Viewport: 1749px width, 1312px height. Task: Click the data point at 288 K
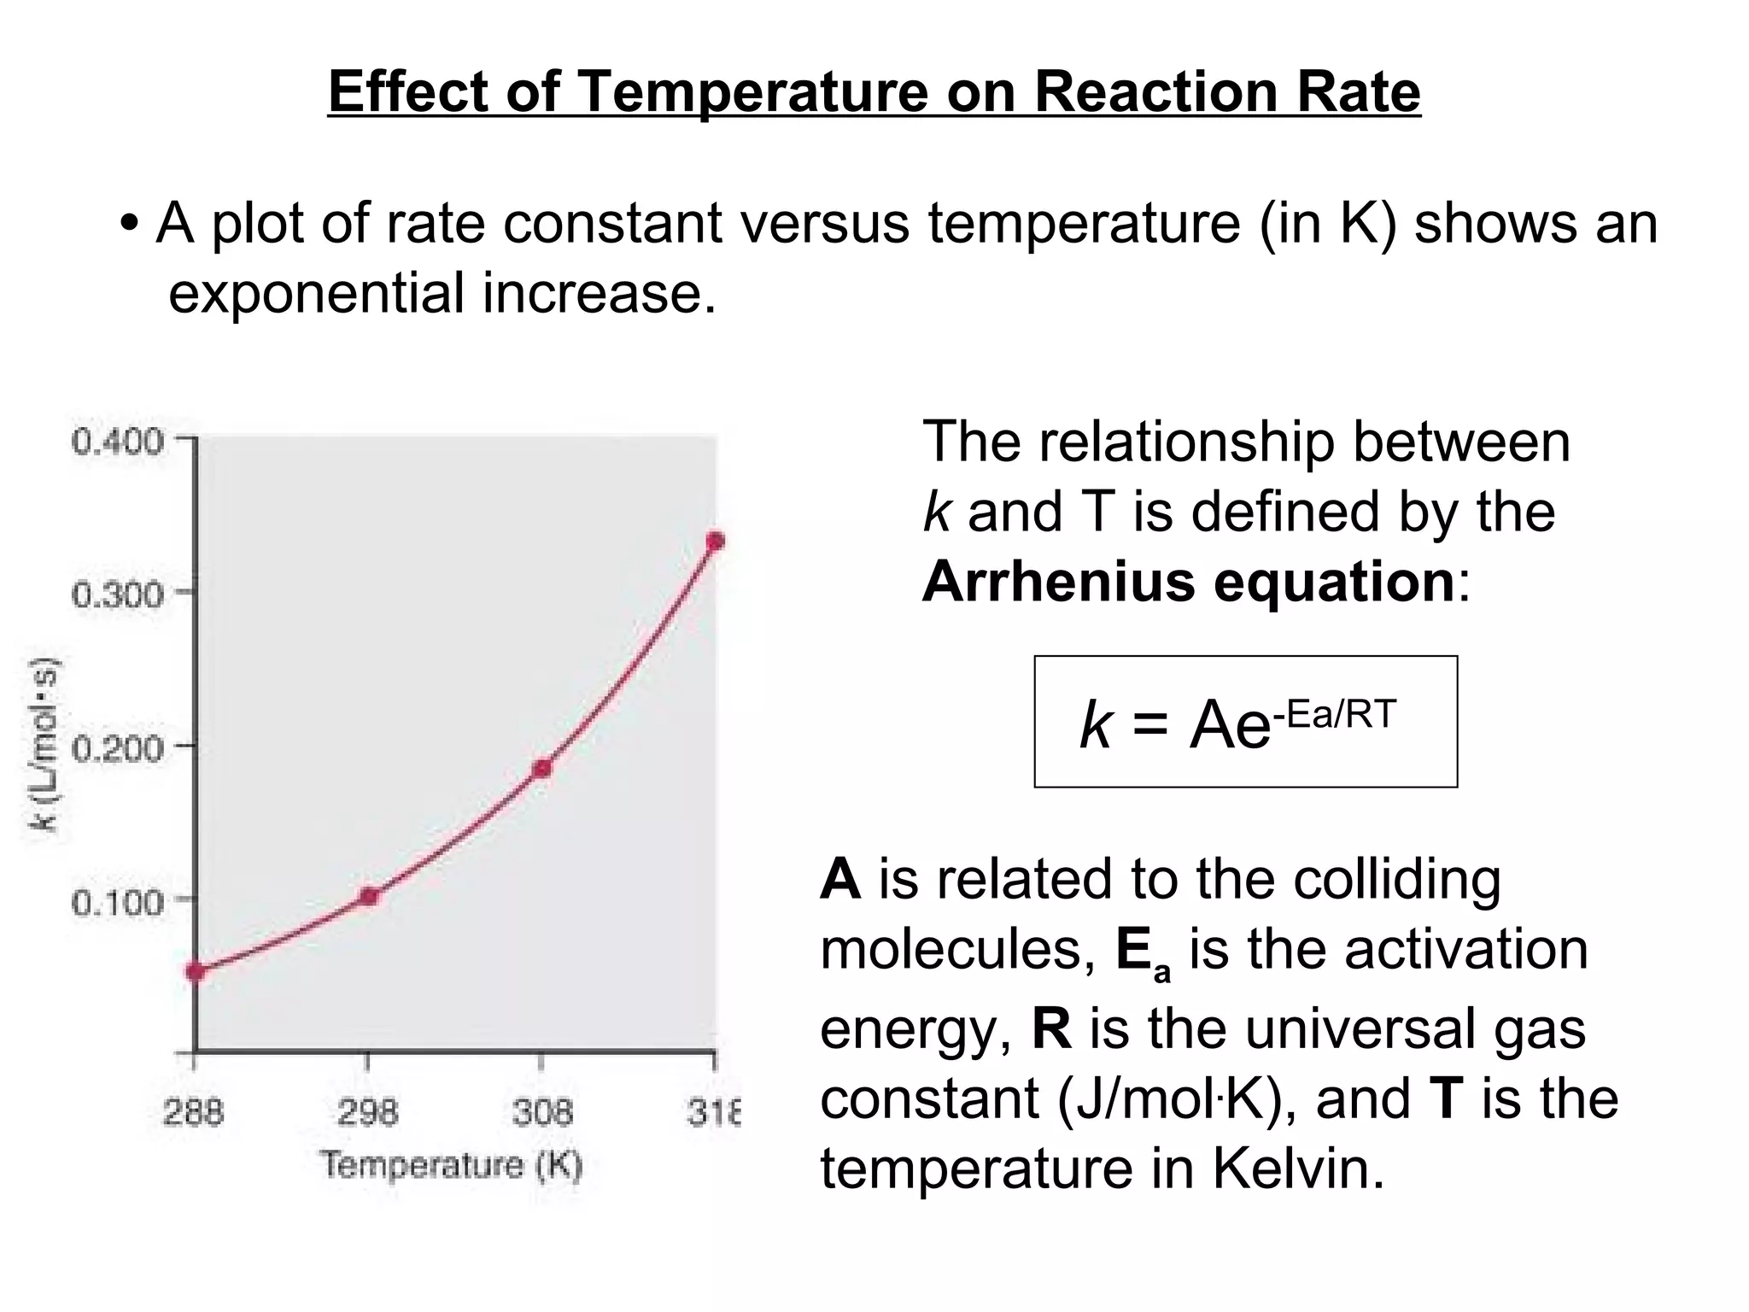(x=196, y=971)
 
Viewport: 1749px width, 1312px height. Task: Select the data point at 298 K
(x=369, y=896)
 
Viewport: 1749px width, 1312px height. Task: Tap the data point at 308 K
(x=541, y=769)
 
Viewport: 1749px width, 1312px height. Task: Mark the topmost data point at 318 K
(x=716, y=542)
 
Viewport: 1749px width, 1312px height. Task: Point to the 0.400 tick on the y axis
(x=117, y=442)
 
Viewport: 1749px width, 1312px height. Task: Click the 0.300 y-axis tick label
(x=117, y=594)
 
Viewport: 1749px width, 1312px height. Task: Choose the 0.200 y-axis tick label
(x=117, y=749)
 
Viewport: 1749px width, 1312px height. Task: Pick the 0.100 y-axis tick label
(x=117, y=902)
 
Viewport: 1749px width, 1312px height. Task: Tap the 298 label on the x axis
(x=368, y=1112)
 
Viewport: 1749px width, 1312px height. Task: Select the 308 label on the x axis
(x=541, y=1112)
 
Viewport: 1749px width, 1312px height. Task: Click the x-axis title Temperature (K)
(x=452, y=1165)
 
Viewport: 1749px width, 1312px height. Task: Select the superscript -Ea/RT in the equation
(x=1335, y=714)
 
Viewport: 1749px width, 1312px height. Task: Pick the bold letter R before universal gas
(x=1051, y=1028)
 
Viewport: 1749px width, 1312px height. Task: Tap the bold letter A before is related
(x=839, y=879)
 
